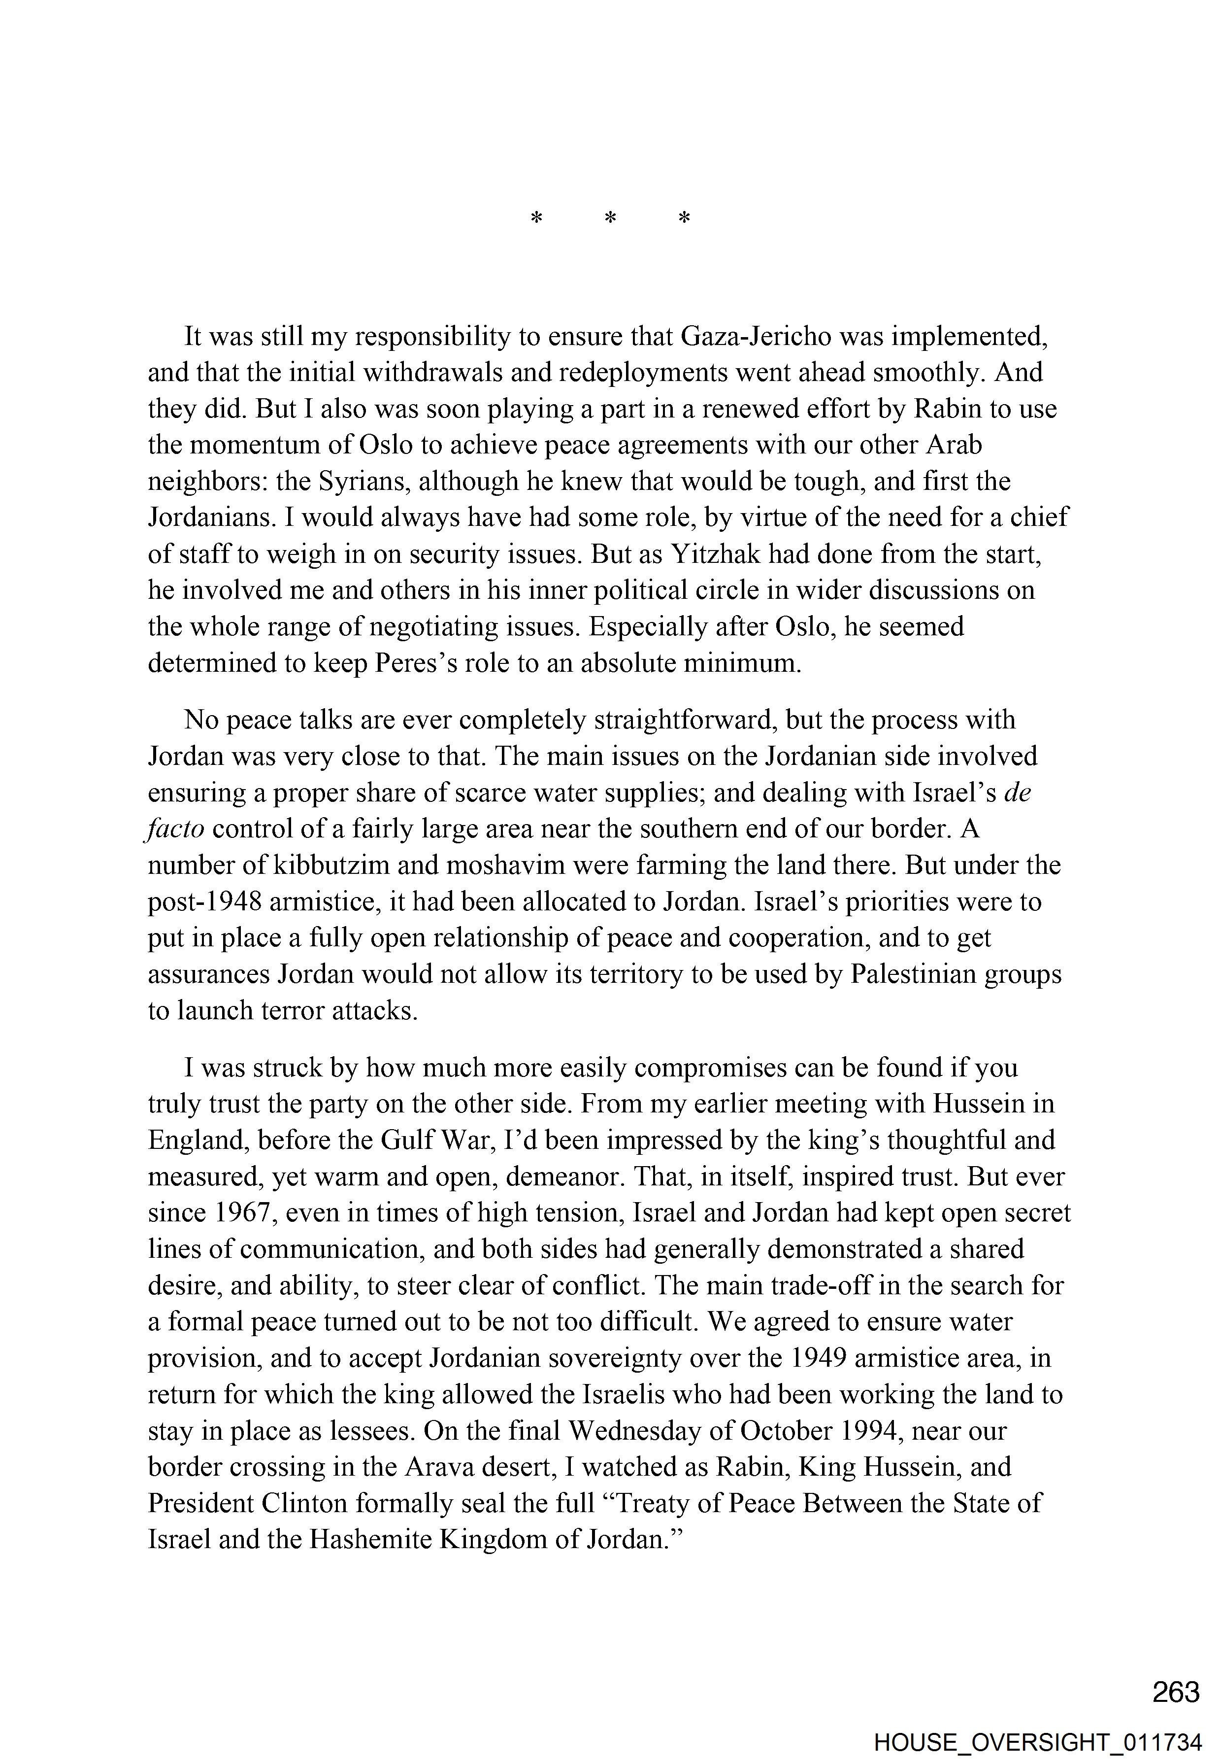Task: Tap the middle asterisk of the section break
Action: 611,219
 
